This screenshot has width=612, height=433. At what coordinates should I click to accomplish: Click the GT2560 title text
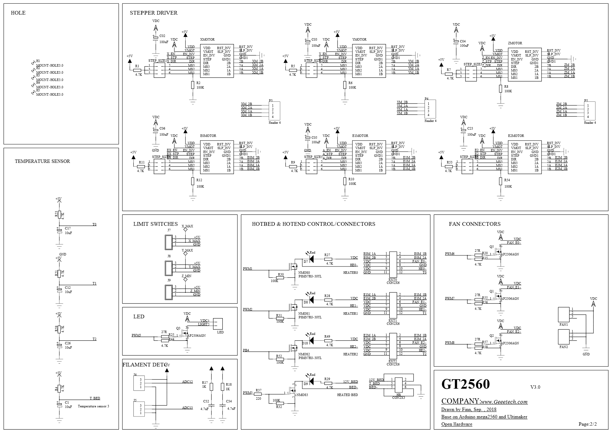465,384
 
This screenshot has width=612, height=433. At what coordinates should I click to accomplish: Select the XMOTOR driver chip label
207,40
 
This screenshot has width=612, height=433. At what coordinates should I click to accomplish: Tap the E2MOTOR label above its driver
516,136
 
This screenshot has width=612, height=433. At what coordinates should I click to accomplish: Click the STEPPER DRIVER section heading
154,13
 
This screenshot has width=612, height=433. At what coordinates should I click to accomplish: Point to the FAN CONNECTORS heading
475,224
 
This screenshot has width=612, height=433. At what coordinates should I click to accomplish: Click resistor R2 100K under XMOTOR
193,85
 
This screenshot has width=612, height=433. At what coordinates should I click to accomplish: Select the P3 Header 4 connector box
274,111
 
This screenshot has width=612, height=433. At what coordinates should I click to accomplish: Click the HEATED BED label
347,395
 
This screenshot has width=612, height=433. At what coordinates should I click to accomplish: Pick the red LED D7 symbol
311,259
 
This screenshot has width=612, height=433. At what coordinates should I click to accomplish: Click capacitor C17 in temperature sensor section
60,231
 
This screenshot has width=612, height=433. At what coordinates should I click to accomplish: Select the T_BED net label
95,398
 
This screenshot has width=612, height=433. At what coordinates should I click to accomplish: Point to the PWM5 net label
136,335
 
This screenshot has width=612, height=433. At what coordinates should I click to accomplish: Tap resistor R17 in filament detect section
211,387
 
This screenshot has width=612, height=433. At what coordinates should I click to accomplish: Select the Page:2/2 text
588,424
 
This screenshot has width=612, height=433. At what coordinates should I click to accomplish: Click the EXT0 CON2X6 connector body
393,263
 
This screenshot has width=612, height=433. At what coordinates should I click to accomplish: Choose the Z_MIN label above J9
186,276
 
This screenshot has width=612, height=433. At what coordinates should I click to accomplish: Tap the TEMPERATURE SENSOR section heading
42,161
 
